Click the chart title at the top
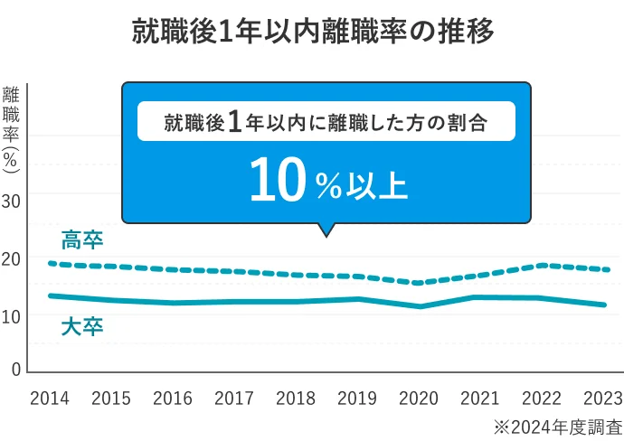click(x=313, y=33)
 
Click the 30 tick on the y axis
click(x=11, y=201)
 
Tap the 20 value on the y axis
click(x=11, y=259)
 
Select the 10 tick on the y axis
click(x=11, y=316)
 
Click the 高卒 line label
click(x=82, y=240)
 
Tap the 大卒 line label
click(x=82, y=326)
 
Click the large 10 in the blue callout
click(x=276, y=181)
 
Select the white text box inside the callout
click(x=326, y=122)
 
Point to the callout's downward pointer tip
click(x=326, y=236)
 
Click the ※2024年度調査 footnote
click(x=557, y=426)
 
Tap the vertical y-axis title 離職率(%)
click(x=12, y=127)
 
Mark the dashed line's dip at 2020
click(x=419, y=283)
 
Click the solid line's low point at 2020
click(x=419, y=306)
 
